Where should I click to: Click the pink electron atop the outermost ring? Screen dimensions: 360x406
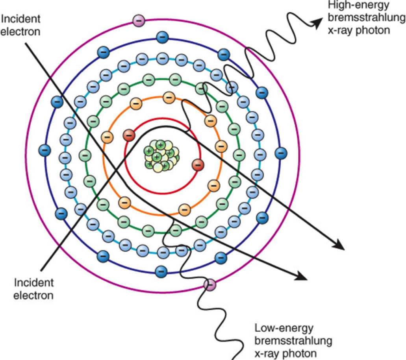click(x=139, y=20)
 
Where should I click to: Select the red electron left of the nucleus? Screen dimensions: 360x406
click(x=129, y=135)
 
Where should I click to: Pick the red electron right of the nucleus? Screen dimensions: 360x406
click(x=198, y=164)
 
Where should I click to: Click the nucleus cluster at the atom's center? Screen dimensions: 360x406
click(x=161, y=156)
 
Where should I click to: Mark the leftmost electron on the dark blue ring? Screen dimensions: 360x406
click(x=45, y=150)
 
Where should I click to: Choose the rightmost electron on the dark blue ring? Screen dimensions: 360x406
click(x=281, y=153)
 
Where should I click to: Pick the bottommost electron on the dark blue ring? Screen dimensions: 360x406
click(x=160, y=271)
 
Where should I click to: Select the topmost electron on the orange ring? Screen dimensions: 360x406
click(x=169, y=97)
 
